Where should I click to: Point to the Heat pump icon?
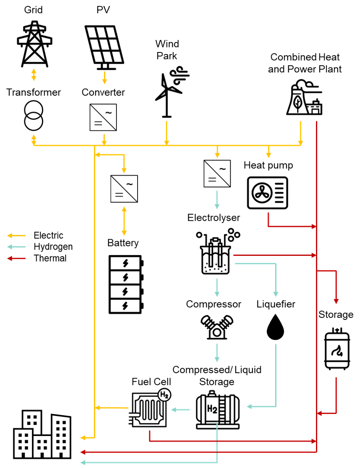coord(267,193)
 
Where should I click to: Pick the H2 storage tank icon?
coord(217,410)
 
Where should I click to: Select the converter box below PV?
coord(104,117)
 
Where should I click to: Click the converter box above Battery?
coord(124,189)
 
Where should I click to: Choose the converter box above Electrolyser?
coord(217,173)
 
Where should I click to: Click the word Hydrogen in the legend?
coord(53,247)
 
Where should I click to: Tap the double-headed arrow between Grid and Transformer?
coord(34,74)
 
